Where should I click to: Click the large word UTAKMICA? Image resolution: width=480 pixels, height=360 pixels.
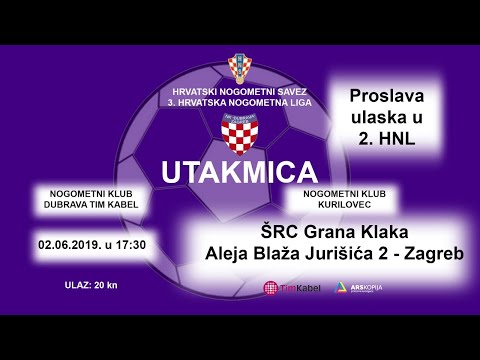pyautogui.click(x=240, y=168)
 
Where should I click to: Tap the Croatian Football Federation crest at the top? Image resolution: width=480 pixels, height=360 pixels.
pyautogui.click(x=240, y=68)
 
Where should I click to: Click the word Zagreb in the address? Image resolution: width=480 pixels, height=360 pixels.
pyautogui.click(x=434, y=254)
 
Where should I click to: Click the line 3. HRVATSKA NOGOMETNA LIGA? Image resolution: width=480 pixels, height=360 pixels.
pyautogui.click(x=239, y=101)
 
